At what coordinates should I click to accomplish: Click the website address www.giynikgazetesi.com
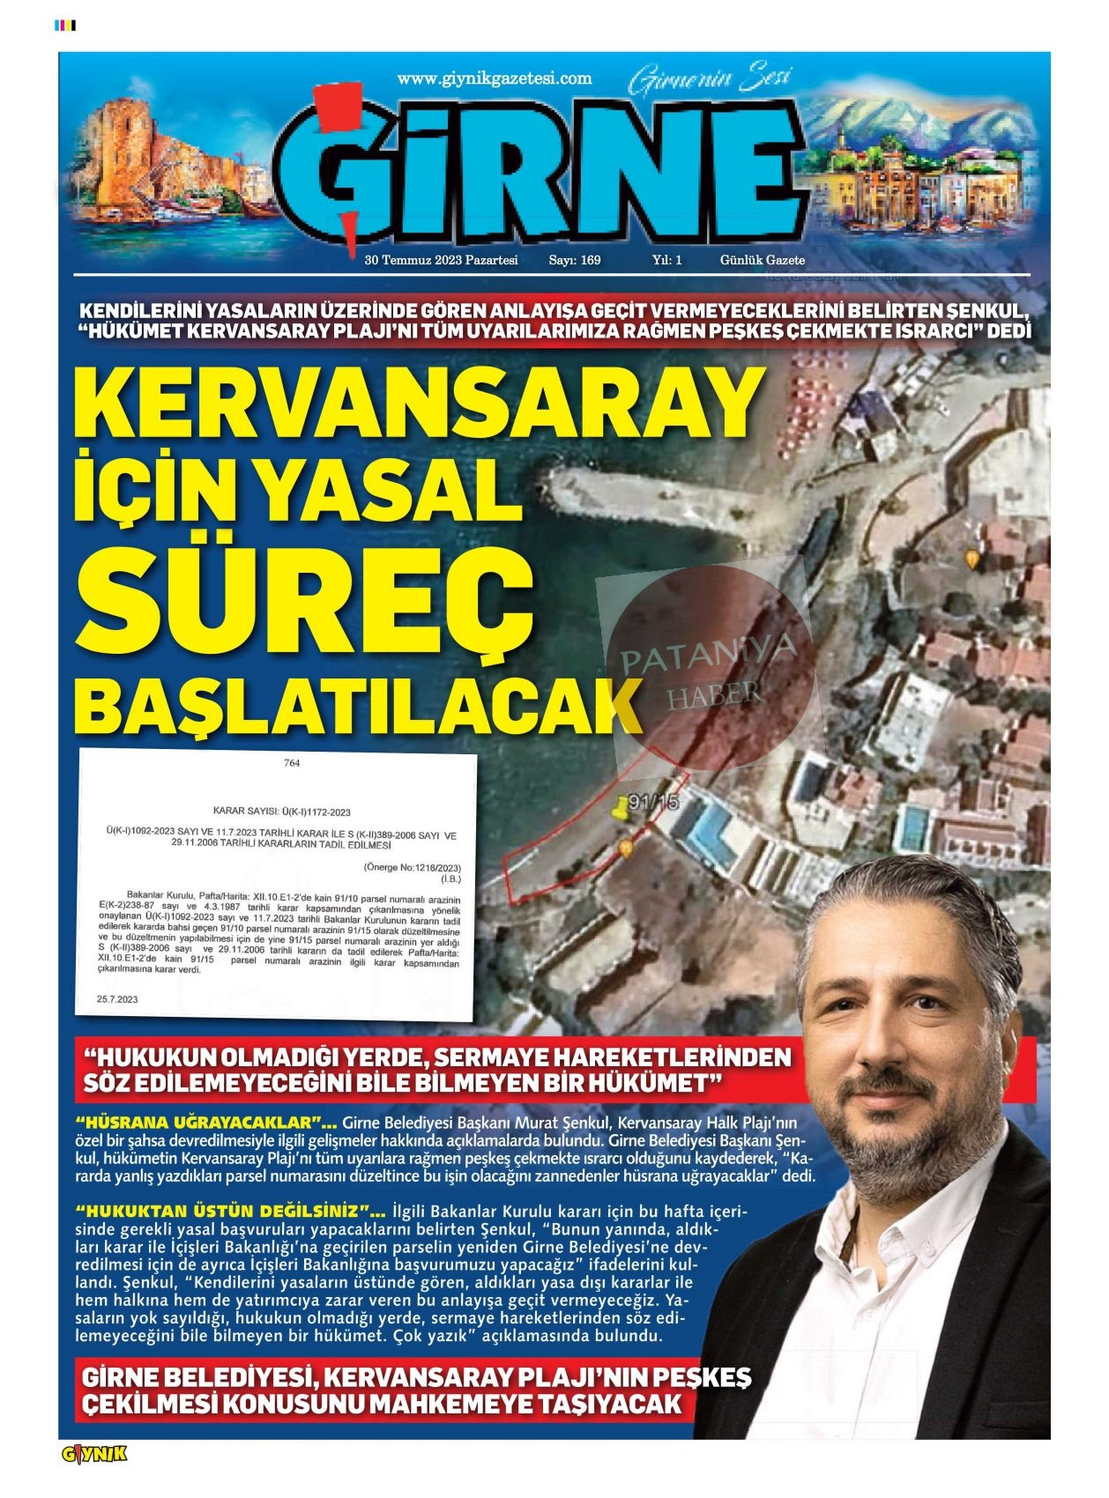click(x=495, y=78)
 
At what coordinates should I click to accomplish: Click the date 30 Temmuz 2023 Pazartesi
click(x=441, y=260)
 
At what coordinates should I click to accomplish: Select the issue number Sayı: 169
click(x=575, y=260)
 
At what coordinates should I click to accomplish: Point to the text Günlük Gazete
click(x=763, y=260)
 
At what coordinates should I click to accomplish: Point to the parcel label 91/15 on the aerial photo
click(x=652, y=802)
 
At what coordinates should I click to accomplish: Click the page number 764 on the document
click(x=292, y=763)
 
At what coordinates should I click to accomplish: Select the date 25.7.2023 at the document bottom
click(x=117, y=999)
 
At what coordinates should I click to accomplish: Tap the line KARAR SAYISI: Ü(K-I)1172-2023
click(x=282, y=812)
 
